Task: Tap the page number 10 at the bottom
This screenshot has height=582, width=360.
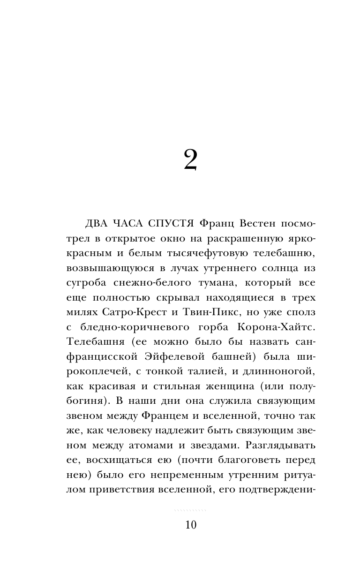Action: pyautogui.click(x=190, y=525)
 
